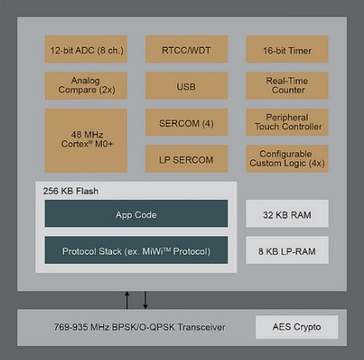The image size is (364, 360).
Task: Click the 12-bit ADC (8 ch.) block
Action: click(x=86, y=49)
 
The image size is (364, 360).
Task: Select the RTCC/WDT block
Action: click(x=187, y=49)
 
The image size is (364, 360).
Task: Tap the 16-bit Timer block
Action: click(x=287, y=49)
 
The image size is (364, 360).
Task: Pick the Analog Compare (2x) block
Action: click(x=86, y=85)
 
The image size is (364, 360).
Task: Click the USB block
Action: click(x=187, y=85)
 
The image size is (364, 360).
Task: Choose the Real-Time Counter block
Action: click(x=287, y=85)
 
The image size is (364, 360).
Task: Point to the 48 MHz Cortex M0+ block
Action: click(x=86, y=140)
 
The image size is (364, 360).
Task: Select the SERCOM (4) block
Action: click(x=187, y=122)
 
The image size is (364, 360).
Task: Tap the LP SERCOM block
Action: click(x=187, y=159)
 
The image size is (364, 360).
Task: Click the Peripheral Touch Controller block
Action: click(x=287, y=122)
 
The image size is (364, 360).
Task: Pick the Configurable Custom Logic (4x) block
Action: click(x=287, y=159)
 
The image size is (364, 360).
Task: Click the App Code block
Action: click(x=136, y=214)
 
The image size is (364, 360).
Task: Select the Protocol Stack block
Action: click(x=136, y=250)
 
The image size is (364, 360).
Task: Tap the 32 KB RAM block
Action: click(x=287, y=214)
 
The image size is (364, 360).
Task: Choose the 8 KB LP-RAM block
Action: click(x=287, y=250)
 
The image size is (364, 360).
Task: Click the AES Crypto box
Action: click(x=297, y=327)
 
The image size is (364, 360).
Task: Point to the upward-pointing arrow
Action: click(x=127, y=301)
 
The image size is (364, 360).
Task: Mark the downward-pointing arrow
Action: click(x=145, y=300)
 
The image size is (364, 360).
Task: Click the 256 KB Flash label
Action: click(x=71, y=191)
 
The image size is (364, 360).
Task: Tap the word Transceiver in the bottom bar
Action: click(x=201, y=327)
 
